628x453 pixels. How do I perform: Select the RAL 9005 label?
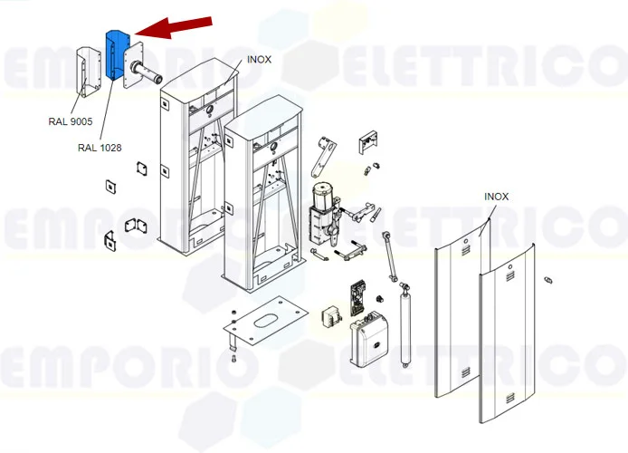click(71, 121)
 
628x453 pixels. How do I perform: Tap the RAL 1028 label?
click(100, 147)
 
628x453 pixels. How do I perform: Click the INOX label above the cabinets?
click(260, 60)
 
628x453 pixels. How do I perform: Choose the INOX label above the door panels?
click(496, 196)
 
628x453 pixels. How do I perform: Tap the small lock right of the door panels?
click(548, 279)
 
